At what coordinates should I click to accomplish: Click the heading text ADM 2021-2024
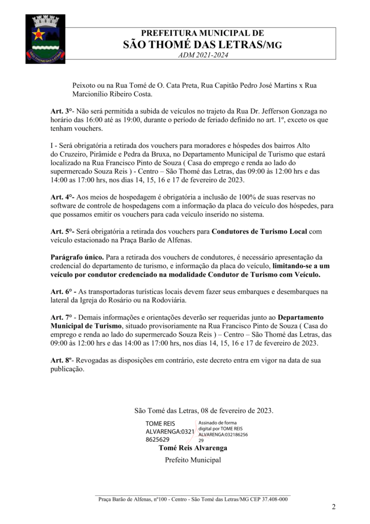click(202, 55)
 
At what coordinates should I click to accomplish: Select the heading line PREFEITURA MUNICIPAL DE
click(202, 33)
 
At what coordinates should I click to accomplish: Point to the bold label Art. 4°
click(62, 196)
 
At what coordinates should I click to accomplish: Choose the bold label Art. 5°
click(62, 231)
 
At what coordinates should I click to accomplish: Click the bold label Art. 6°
click(62, 292)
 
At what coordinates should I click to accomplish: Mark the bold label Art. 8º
click(61, 360)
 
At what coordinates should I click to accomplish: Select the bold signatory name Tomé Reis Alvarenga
click(193, 448)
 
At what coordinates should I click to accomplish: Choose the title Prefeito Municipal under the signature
click(193, 460)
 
